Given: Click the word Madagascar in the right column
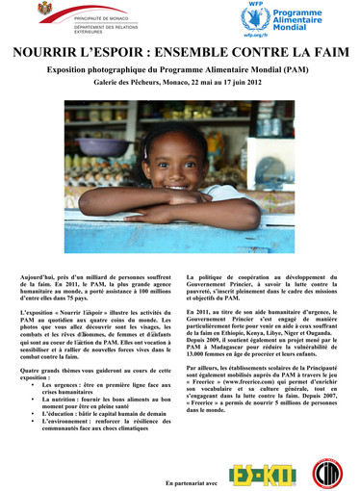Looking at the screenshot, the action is pos(229,346).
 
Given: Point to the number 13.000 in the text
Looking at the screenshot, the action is pos(198,353).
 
